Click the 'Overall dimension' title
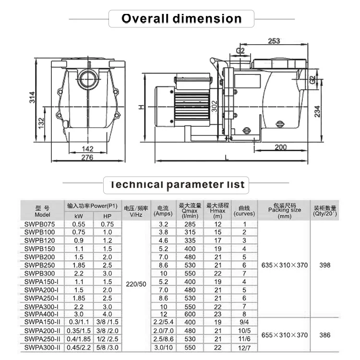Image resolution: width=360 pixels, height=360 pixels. coord(181,19)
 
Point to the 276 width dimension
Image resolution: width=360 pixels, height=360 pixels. coord(87,157)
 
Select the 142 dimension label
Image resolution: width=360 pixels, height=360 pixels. coord(87,149)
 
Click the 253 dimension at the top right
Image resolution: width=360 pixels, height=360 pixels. coord(274,41)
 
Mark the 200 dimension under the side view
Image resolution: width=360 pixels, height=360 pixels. coord(282,147)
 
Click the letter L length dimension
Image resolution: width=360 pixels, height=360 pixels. coord(226,156)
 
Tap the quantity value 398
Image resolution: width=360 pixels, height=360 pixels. coord(325,265)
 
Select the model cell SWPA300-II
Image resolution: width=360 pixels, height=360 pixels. coord(42,347)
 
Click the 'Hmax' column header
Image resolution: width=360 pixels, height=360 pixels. coord(218,210)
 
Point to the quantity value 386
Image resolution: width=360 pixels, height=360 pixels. coord(325,335)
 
